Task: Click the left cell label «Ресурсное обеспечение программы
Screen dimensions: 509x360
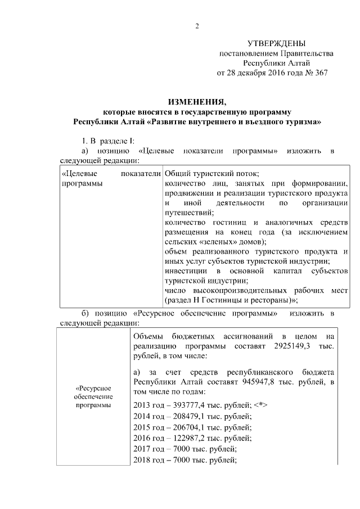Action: point(93,397)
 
